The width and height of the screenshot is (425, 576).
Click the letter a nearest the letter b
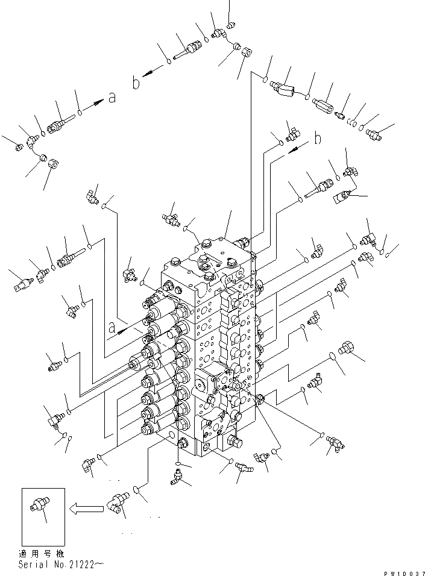(x=112, y=98)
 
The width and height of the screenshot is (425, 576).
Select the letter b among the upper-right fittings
(x=318, y=139)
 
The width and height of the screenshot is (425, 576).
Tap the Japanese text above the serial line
(x=44, y=553)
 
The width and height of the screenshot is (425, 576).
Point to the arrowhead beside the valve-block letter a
(x=124, y=330)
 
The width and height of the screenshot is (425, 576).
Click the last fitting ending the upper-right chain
(x=373, y=133)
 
